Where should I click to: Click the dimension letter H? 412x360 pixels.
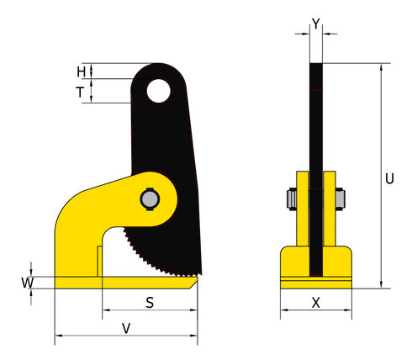tap(82, 71)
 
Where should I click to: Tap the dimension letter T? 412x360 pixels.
tap(80, 93)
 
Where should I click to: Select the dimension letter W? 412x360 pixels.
tap(28, 283)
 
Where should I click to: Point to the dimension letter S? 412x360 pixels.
tap(150, 303)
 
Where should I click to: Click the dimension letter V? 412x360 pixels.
tap(126, 329)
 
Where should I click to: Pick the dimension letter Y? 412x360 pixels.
tap(316, 24)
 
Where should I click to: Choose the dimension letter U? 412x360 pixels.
tap(389, 178)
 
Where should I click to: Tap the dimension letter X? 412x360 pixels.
tap(316, 303)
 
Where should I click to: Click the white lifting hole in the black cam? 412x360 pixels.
tap(158, 91)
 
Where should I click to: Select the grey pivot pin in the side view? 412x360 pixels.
tap(150, 199)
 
